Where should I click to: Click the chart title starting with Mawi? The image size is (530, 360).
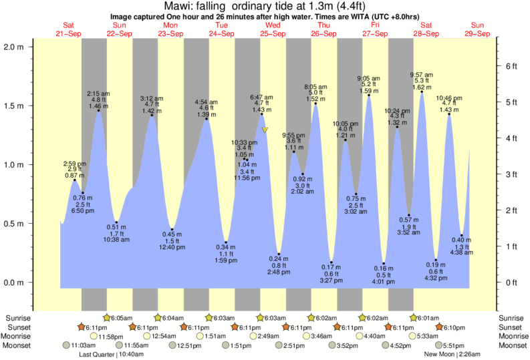[265, 5]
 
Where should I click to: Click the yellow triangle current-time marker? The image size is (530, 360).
[265, 130]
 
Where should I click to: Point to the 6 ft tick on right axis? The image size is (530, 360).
[511, 65]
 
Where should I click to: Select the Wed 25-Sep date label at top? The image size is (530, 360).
[273, 30]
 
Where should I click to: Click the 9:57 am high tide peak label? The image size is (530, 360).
[422, 74]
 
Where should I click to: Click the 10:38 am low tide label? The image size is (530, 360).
[116, 239]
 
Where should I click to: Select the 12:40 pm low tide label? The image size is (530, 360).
[172, 247]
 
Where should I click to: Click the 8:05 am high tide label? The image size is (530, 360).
[315, 87]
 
